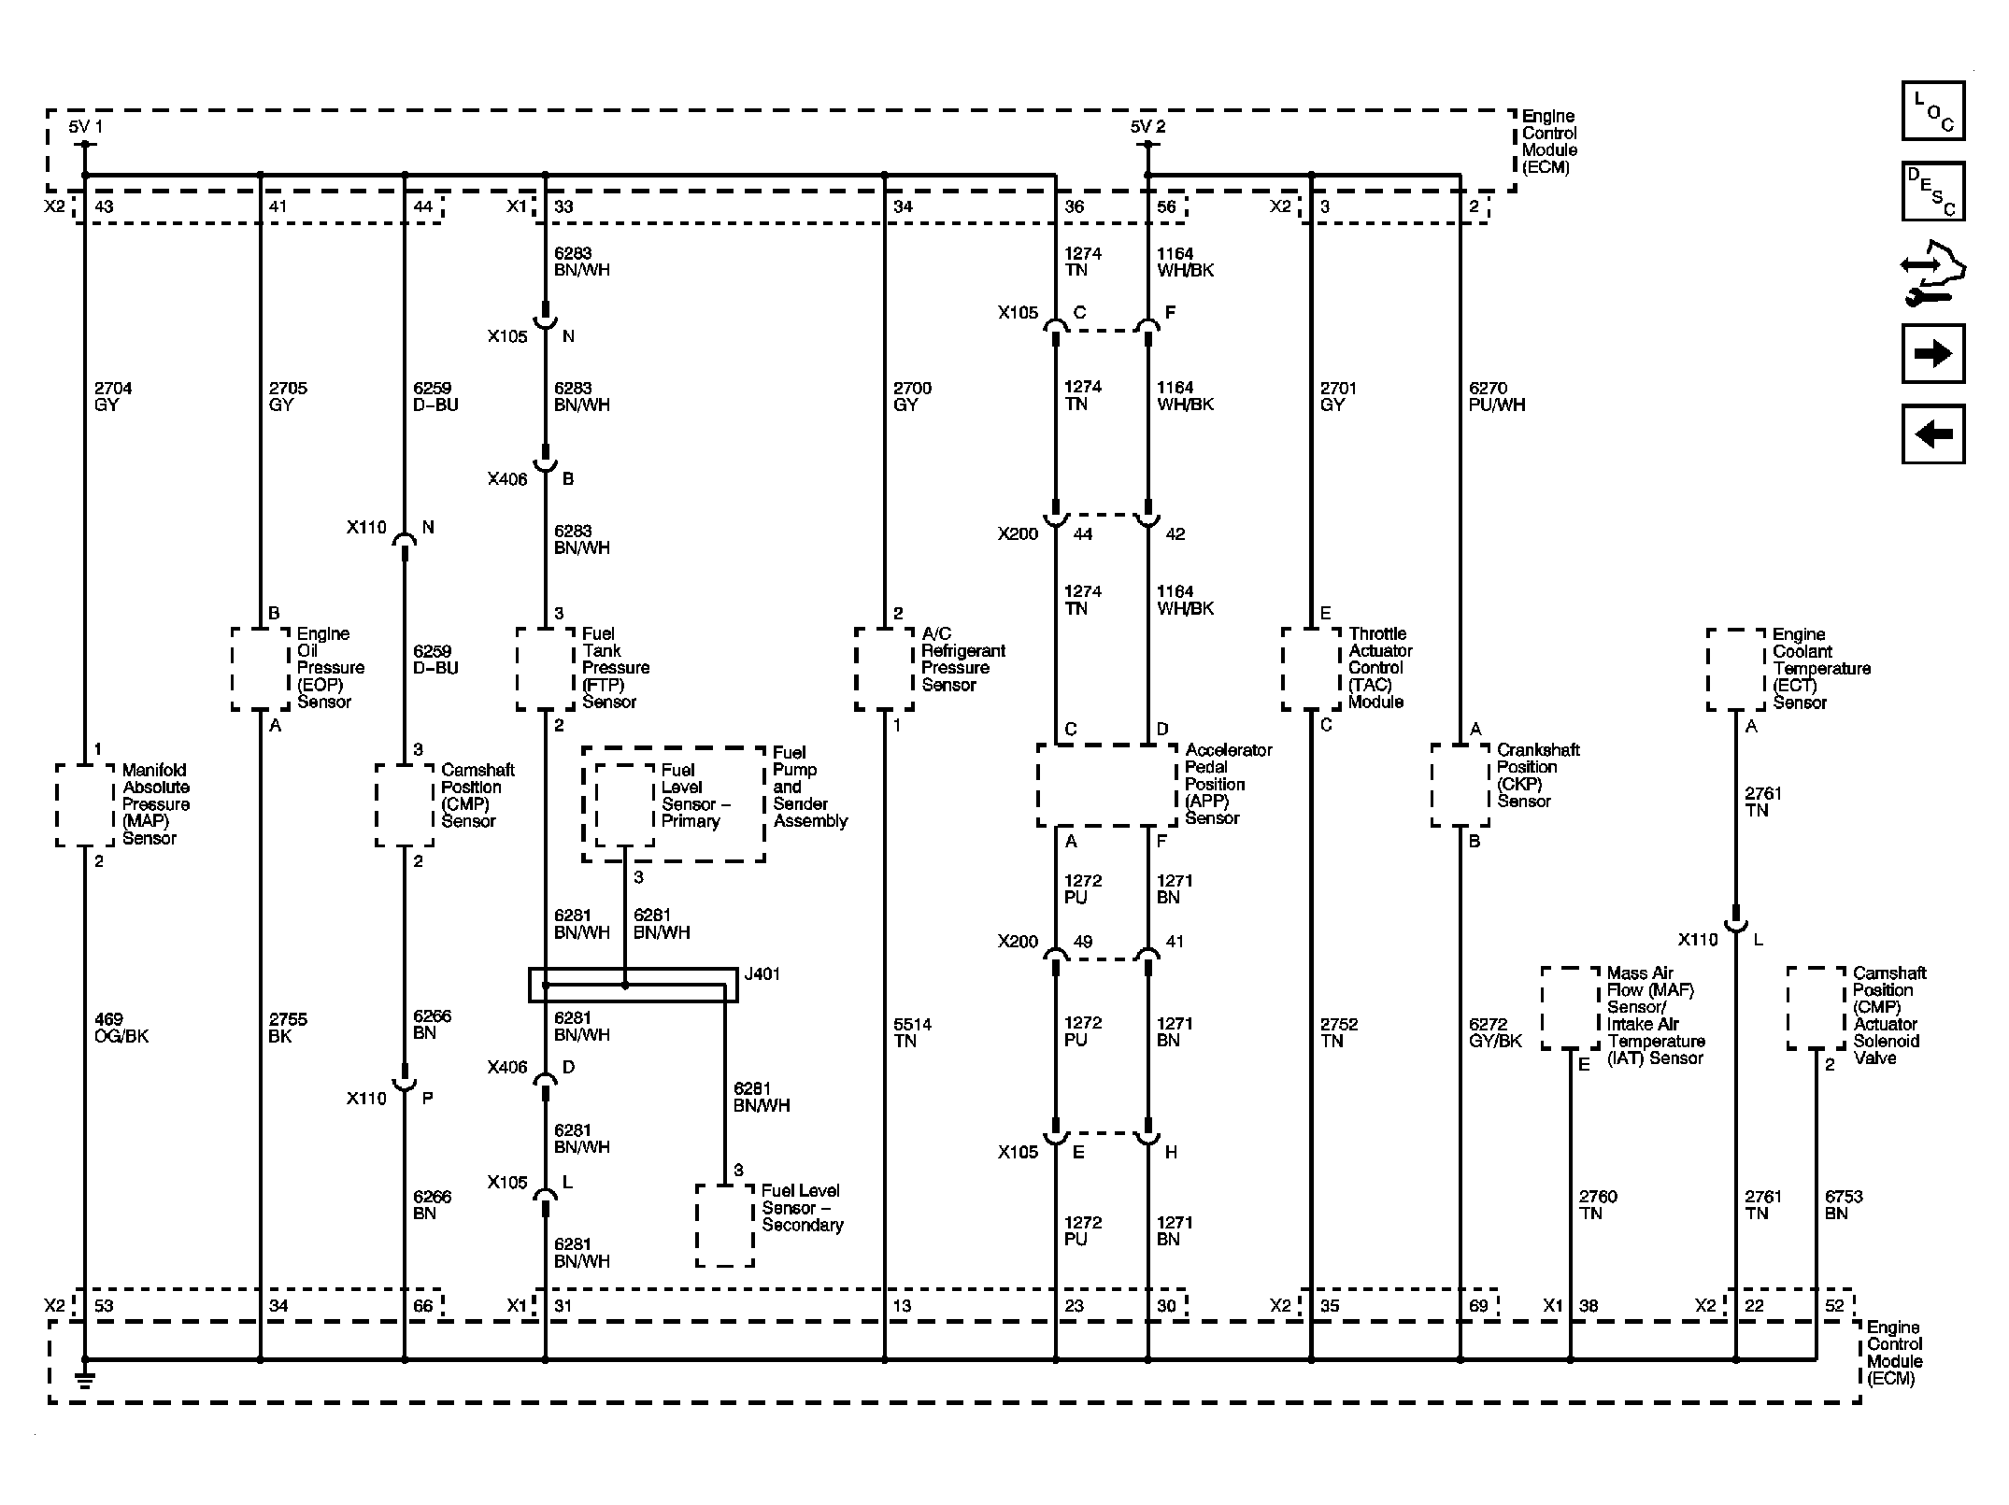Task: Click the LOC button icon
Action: point(1932,110)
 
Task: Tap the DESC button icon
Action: point(1932,191)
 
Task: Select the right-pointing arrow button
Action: point(1932,353)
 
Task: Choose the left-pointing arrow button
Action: point(1932,433)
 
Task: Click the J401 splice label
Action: point(762,973)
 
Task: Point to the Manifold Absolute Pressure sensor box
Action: point(85,804)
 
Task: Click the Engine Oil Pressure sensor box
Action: point(260,668)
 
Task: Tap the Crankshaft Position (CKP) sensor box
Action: point(1460,785)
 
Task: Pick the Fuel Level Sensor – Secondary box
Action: point(724,1225)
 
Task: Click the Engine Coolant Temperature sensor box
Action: point(1736,669)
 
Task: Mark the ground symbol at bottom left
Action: point(84,1378)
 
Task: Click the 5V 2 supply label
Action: point(1147,127)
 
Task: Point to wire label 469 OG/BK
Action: point(121,1028)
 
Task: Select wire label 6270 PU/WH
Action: point(1496,396)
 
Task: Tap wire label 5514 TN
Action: point(912,1032)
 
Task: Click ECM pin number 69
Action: point(1478,1305)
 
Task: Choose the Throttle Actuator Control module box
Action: point(1311,668)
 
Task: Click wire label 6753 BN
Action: point(1843,1204)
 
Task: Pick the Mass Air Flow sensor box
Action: point(1570,1008)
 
